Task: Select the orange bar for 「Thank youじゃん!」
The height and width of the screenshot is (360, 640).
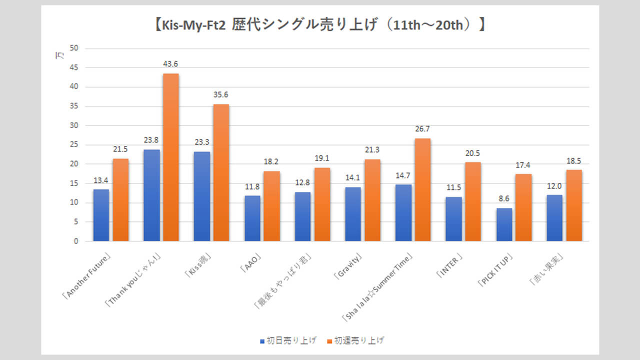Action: (x=170, y=157)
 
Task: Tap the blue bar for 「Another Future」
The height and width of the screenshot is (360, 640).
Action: (x=101, y=215)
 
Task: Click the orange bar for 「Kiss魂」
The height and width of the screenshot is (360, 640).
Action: (x=221, y=172)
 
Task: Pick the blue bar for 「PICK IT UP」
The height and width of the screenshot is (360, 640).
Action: (x=504, y=224)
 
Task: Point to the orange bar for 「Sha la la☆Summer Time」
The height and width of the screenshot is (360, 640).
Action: (x=422, y=190)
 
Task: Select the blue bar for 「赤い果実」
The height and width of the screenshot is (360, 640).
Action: (x=554, y=218)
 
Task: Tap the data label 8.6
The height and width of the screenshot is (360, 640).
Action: (x=504, y=199)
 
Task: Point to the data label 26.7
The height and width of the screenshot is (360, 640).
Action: (x=422, y=129)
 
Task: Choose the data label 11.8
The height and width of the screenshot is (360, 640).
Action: (x=252, y=187)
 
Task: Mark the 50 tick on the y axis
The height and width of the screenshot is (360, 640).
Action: (x=74, y=48)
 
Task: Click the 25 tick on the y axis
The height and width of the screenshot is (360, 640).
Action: (x=74, y=145)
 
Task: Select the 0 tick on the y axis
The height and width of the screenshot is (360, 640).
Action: (x=76, y=241)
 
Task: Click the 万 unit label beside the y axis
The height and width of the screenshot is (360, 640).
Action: (x=57, y=56)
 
